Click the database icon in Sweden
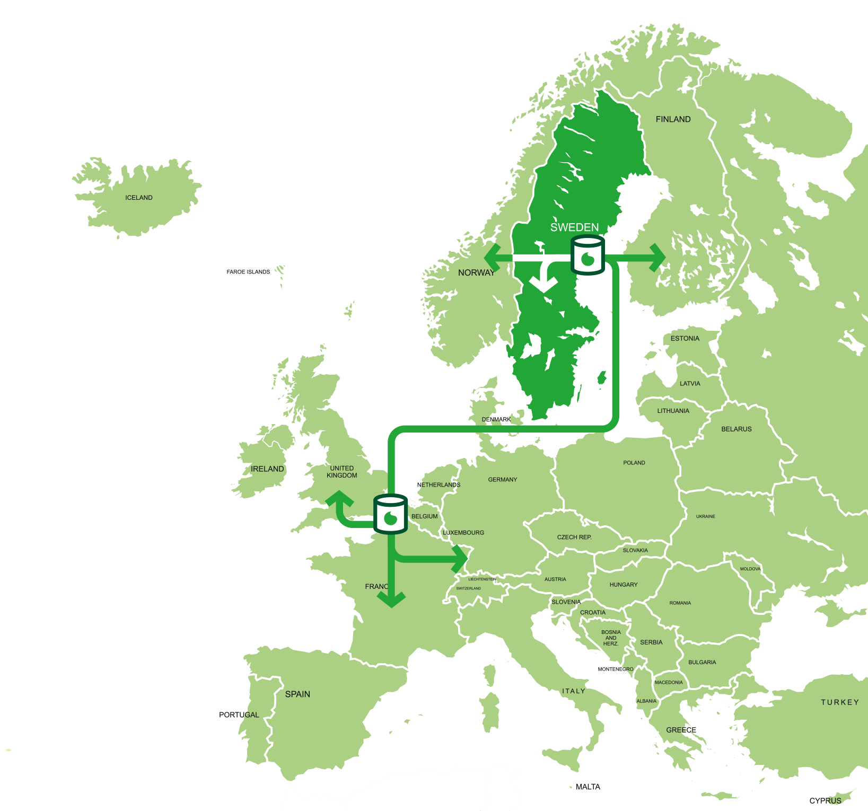[x=588, y=256]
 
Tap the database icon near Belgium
[x=391, y=514]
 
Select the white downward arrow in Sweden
[x=543, y=281]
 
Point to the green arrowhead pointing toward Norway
[x=492, y=258]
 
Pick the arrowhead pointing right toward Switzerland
[x=459, y=558]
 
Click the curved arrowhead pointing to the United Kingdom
[x=339, y=499]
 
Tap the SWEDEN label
[x=574, y=227]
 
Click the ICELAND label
[x=139, y=198]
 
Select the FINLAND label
[x=673, y=119]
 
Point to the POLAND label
[x=634, y=463]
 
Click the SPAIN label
[x=297, y=694]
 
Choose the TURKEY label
[x=840, y=702]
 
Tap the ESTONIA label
[x=685, y=338]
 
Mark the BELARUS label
[x=736, y=429]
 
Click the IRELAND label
[x=267, y=469]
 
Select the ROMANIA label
[x=680, y=603]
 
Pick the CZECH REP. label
[x=574, y=537]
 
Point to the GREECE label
[x=681, y=730]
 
